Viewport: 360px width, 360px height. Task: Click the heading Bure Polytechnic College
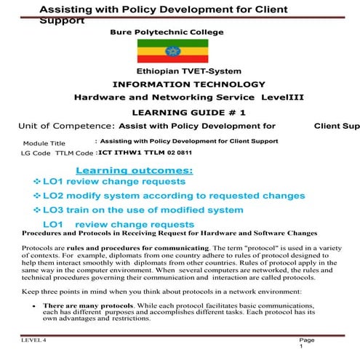[x=167, y=32]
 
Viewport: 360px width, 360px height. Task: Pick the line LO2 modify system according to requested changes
[x=173, y=196]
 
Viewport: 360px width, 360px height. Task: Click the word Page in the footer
[x=306, y=340]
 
